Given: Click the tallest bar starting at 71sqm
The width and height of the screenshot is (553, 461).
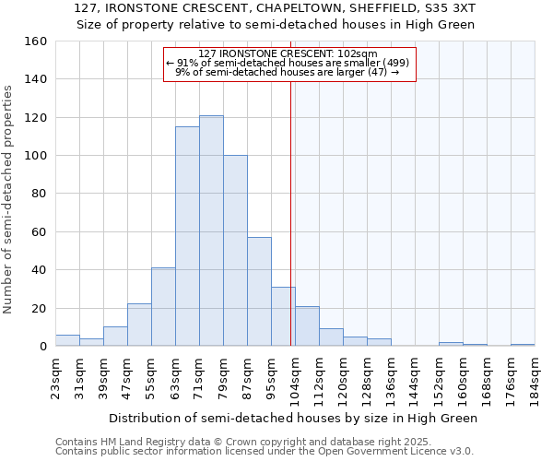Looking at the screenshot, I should click(211, 230).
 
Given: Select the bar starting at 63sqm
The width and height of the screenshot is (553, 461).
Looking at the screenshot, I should click(187, 236).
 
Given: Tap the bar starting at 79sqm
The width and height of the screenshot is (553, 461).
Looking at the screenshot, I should click(235, 251).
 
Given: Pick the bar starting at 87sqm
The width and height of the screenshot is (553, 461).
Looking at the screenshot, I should click(259, 291).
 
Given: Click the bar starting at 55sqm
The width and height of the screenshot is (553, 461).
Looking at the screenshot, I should click(163, 307).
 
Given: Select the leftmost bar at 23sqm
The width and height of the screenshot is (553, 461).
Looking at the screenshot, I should click(67, 340).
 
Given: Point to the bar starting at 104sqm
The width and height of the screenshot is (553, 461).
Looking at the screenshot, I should click(307, 326).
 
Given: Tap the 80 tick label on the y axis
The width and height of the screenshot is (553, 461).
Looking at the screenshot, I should click(40, 194).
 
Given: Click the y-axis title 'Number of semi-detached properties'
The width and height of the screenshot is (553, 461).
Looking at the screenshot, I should click(8, 194).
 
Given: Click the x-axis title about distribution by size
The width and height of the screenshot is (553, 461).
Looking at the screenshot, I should click(293, 418).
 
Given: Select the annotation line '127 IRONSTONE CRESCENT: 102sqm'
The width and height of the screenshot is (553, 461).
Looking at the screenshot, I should click(288, 54).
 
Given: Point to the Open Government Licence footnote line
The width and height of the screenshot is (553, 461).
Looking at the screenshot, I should click(264, 451).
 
